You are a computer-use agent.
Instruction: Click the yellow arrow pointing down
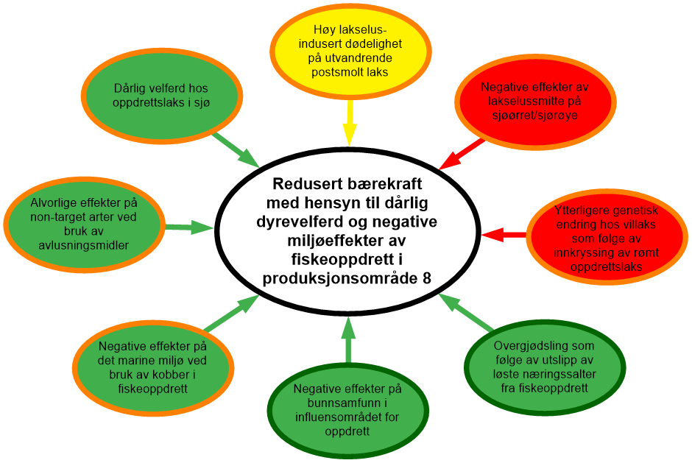click(x=350, y=124)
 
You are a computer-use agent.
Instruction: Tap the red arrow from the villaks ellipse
click(x=504, y=235)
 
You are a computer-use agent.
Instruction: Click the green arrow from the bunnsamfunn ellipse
click(x=349, y=339)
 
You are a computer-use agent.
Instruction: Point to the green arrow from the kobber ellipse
click(x=231, y=313)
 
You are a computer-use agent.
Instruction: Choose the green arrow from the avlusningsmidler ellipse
click(x=188, y=227)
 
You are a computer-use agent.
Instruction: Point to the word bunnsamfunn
click(x=347, y=403)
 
